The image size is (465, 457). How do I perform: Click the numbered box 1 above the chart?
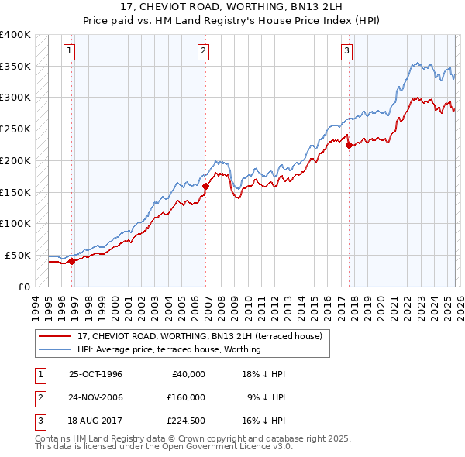click(x=70, y=52)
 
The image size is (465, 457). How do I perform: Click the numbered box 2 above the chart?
click(x=203, y=52)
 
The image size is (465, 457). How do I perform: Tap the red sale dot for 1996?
click(x=71, y=261)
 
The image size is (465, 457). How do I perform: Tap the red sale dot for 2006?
click(x=205, y=186)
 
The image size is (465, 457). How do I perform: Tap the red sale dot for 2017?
click(x=349, y=145)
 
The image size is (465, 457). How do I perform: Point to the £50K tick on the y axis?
click(x=19, y=255)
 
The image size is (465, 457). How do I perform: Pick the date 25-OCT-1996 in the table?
click(x=95, y=374)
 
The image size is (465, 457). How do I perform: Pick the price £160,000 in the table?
click(x=186, y=397)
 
